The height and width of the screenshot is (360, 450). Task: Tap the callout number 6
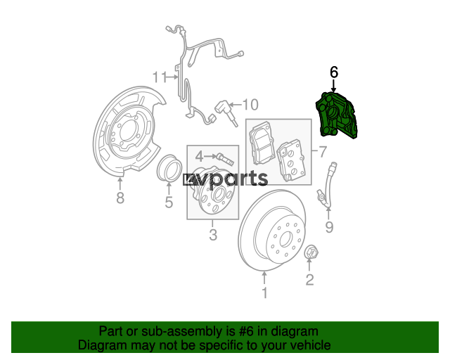[334, 72]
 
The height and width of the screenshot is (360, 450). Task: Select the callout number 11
[160, 77]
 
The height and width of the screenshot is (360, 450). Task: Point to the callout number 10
[250, 105]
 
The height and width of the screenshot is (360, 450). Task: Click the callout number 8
[120, 198]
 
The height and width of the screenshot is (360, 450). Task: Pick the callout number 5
[169, 202]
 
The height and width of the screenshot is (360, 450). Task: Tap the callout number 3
[213, 235]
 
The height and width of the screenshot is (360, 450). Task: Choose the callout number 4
[199, 157]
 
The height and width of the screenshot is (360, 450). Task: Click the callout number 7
[323, 152]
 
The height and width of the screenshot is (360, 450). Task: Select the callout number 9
[329, 227]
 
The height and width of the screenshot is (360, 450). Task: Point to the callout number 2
[309, 280]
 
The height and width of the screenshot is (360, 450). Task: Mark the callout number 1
[265, 292]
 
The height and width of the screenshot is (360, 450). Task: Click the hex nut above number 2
[311, 252]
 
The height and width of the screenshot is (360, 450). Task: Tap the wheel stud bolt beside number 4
[226, 159]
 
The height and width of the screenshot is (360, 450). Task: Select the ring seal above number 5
[169, 168]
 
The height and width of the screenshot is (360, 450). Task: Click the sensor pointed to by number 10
[226, 112]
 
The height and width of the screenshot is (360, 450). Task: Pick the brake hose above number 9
[328, 185]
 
